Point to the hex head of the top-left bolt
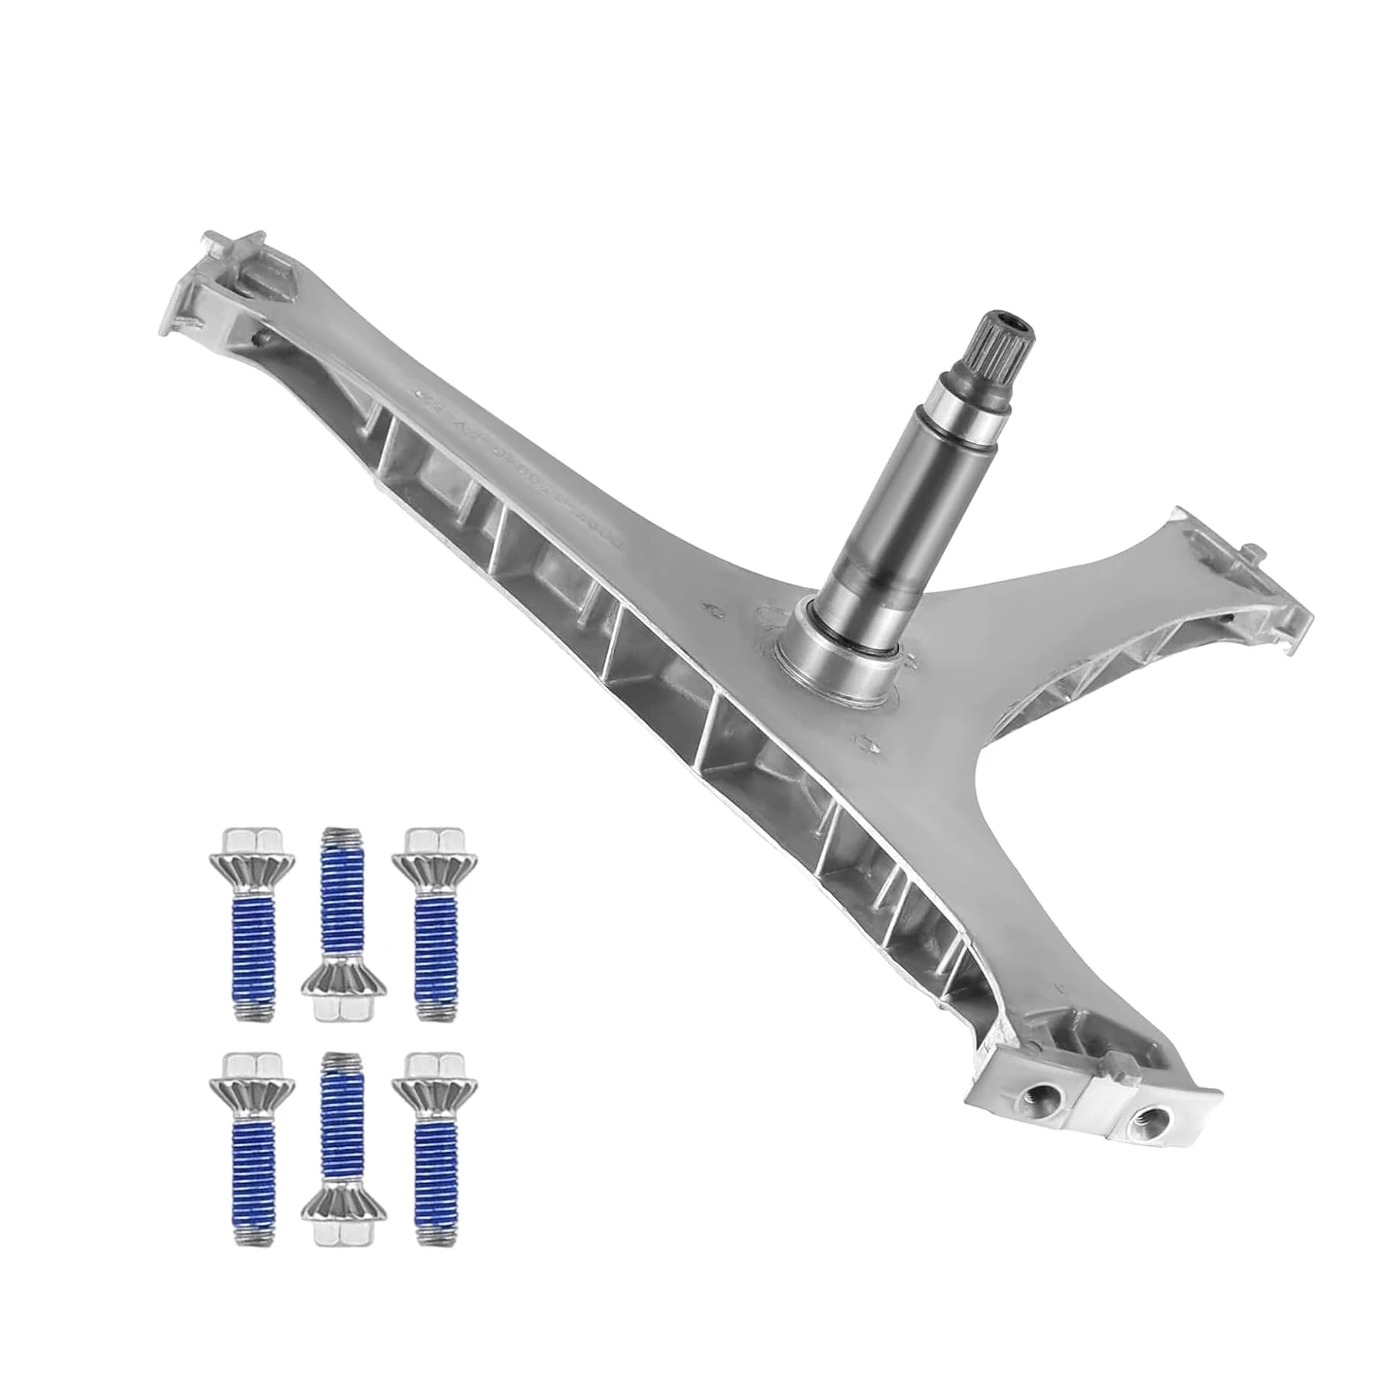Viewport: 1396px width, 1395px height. tap(251, 840)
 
